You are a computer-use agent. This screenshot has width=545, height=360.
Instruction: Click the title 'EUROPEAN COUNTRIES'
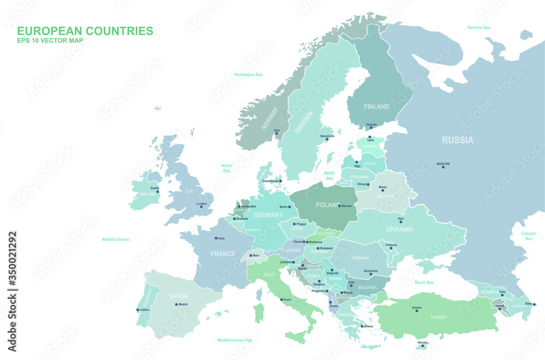pos(85,31)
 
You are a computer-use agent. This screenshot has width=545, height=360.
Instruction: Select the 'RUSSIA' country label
pos(457,140)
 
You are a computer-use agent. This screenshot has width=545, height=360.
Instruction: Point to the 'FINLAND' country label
pos(377,106)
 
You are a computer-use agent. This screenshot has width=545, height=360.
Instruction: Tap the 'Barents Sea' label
pos(479,27)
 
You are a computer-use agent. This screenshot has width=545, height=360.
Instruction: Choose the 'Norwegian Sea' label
pos(249,74)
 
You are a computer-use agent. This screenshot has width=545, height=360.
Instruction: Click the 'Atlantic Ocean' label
pos(116,239)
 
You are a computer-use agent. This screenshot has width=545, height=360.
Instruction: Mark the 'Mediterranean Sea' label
pos(235,340)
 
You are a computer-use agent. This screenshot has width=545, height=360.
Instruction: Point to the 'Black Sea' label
pos(424,283)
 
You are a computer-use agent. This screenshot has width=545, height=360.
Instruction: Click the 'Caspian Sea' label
pos(529,236)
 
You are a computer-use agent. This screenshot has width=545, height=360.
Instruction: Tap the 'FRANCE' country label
pos(223,254)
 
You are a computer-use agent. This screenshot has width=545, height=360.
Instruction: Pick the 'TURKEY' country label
pos(438,317)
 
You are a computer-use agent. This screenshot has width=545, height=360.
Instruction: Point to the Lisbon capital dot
pos(137,310)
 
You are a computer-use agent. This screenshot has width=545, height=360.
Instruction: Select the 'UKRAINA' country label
pos(399,230)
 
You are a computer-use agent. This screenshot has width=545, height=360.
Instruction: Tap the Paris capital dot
pos(216,238)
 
